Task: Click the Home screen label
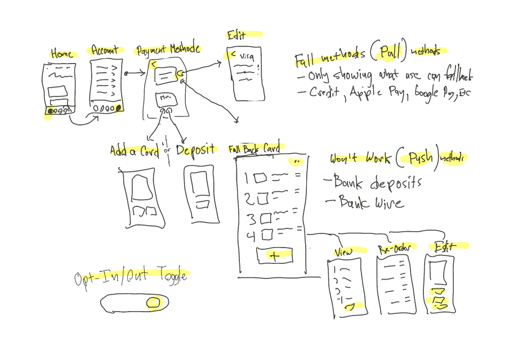coord(62,55)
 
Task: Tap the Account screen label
coord(105,51)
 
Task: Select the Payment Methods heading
coord(168,49)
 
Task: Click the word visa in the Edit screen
coord(247,56)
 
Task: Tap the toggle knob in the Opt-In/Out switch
coord(153,303)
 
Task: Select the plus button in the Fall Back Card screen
coord(275,255)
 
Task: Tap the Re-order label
coord(394,249)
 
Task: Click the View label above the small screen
coord(343,251)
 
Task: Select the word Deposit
coord(195,150)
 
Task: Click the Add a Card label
coord(135,151)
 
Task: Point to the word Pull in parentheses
coord(390,53)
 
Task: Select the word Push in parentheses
coord(417,159)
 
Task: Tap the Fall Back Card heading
coord(254,149)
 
